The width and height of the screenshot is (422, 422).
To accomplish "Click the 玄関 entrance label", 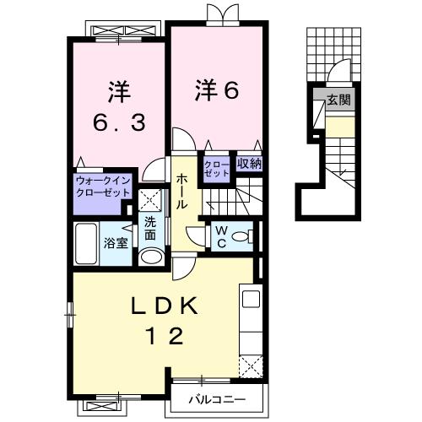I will click(339, 100).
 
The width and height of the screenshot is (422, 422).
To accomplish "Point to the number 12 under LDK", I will click(164, 337).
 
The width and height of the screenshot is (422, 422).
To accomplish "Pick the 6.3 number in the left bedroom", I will click(121, 122).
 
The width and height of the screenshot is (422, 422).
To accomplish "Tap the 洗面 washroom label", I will click(149, 227).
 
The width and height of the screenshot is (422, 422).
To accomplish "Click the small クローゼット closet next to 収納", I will click(212, 167).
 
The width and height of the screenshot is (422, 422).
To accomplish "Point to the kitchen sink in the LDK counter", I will click(251, 300).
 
